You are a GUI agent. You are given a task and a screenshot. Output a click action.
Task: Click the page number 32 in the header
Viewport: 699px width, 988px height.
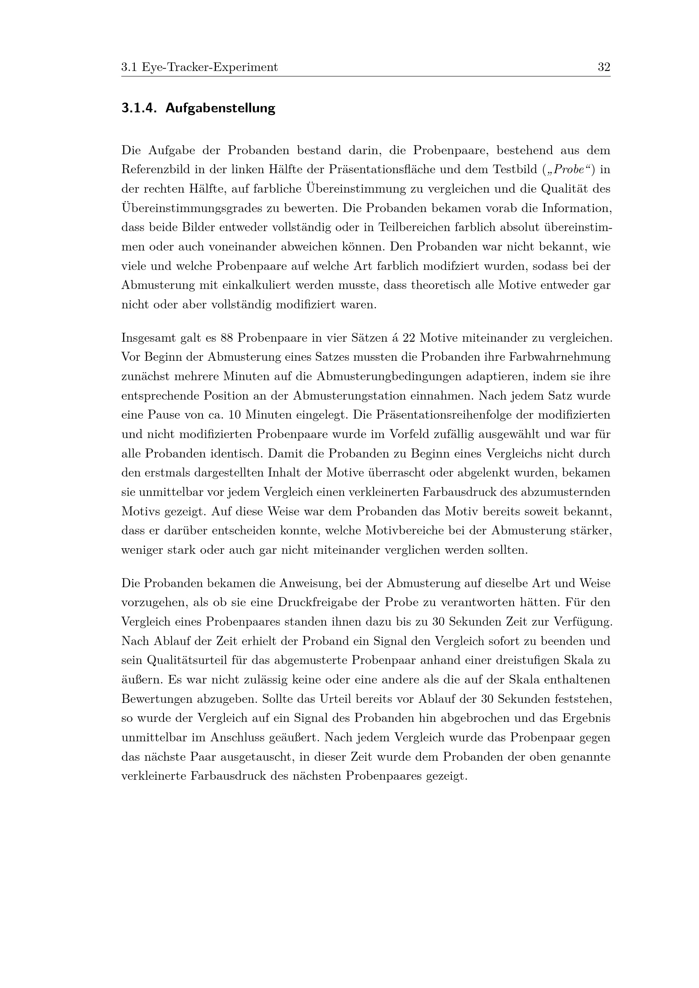click(x=604, y=67)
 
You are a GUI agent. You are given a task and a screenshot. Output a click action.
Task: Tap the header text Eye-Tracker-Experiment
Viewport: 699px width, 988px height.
click(x=210, y=67)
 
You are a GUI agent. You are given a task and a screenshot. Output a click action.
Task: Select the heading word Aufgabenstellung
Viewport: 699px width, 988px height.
click(x=220, y=108)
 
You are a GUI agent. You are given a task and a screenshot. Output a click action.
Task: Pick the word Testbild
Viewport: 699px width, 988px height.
click(x=516, y=169)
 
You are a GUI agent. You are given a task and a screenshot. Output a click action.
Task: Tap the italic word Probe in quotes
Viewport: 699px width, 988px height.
click(x=568, y=169)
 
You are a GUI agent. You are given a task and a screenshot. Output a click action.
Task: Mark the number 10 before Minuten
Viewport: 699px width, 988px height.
click(x=234, y=415)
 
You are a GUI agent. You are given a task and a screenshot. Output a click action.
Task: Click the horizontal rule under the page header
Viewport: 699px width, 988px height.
click(x=366, y=76)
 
